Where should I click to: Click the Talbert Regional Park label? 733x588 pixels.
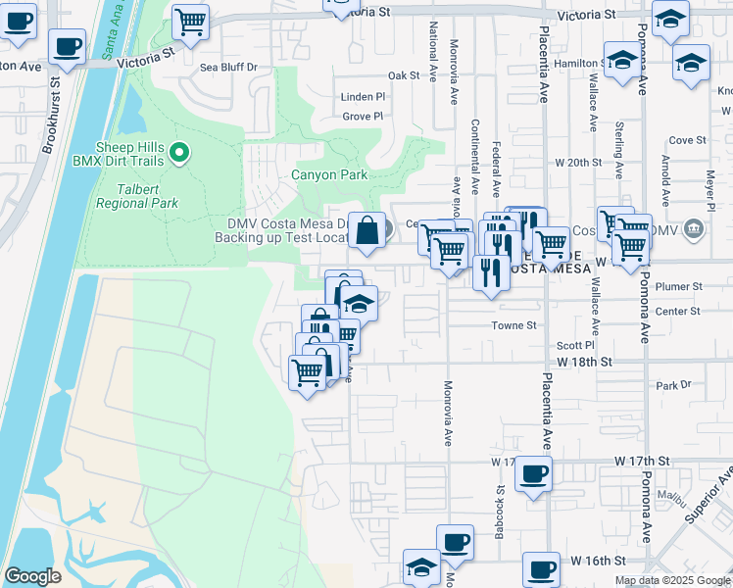(136, 196)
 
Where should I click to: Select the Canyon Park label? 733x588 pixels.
(329, 175)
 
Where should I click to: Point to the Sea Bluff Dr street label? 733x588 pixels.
(228, 68)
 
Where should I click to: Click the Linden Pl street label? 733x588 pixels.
(364, 97)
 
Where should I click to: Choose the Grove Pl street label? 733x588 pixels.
(364, 116)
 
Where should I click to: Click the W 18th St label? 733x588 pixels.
(584, 362)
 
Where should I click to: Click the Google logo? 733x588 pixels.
(32, 576)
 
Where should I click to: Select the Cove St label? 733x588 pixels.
(687, 140)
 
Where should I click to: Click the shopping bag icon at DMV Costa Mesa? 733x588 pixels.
(366, 232)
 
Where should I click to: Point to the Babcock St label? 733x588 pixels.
(500, 504)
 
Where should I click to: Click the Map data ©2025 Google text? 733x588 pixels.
(671, 580)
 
